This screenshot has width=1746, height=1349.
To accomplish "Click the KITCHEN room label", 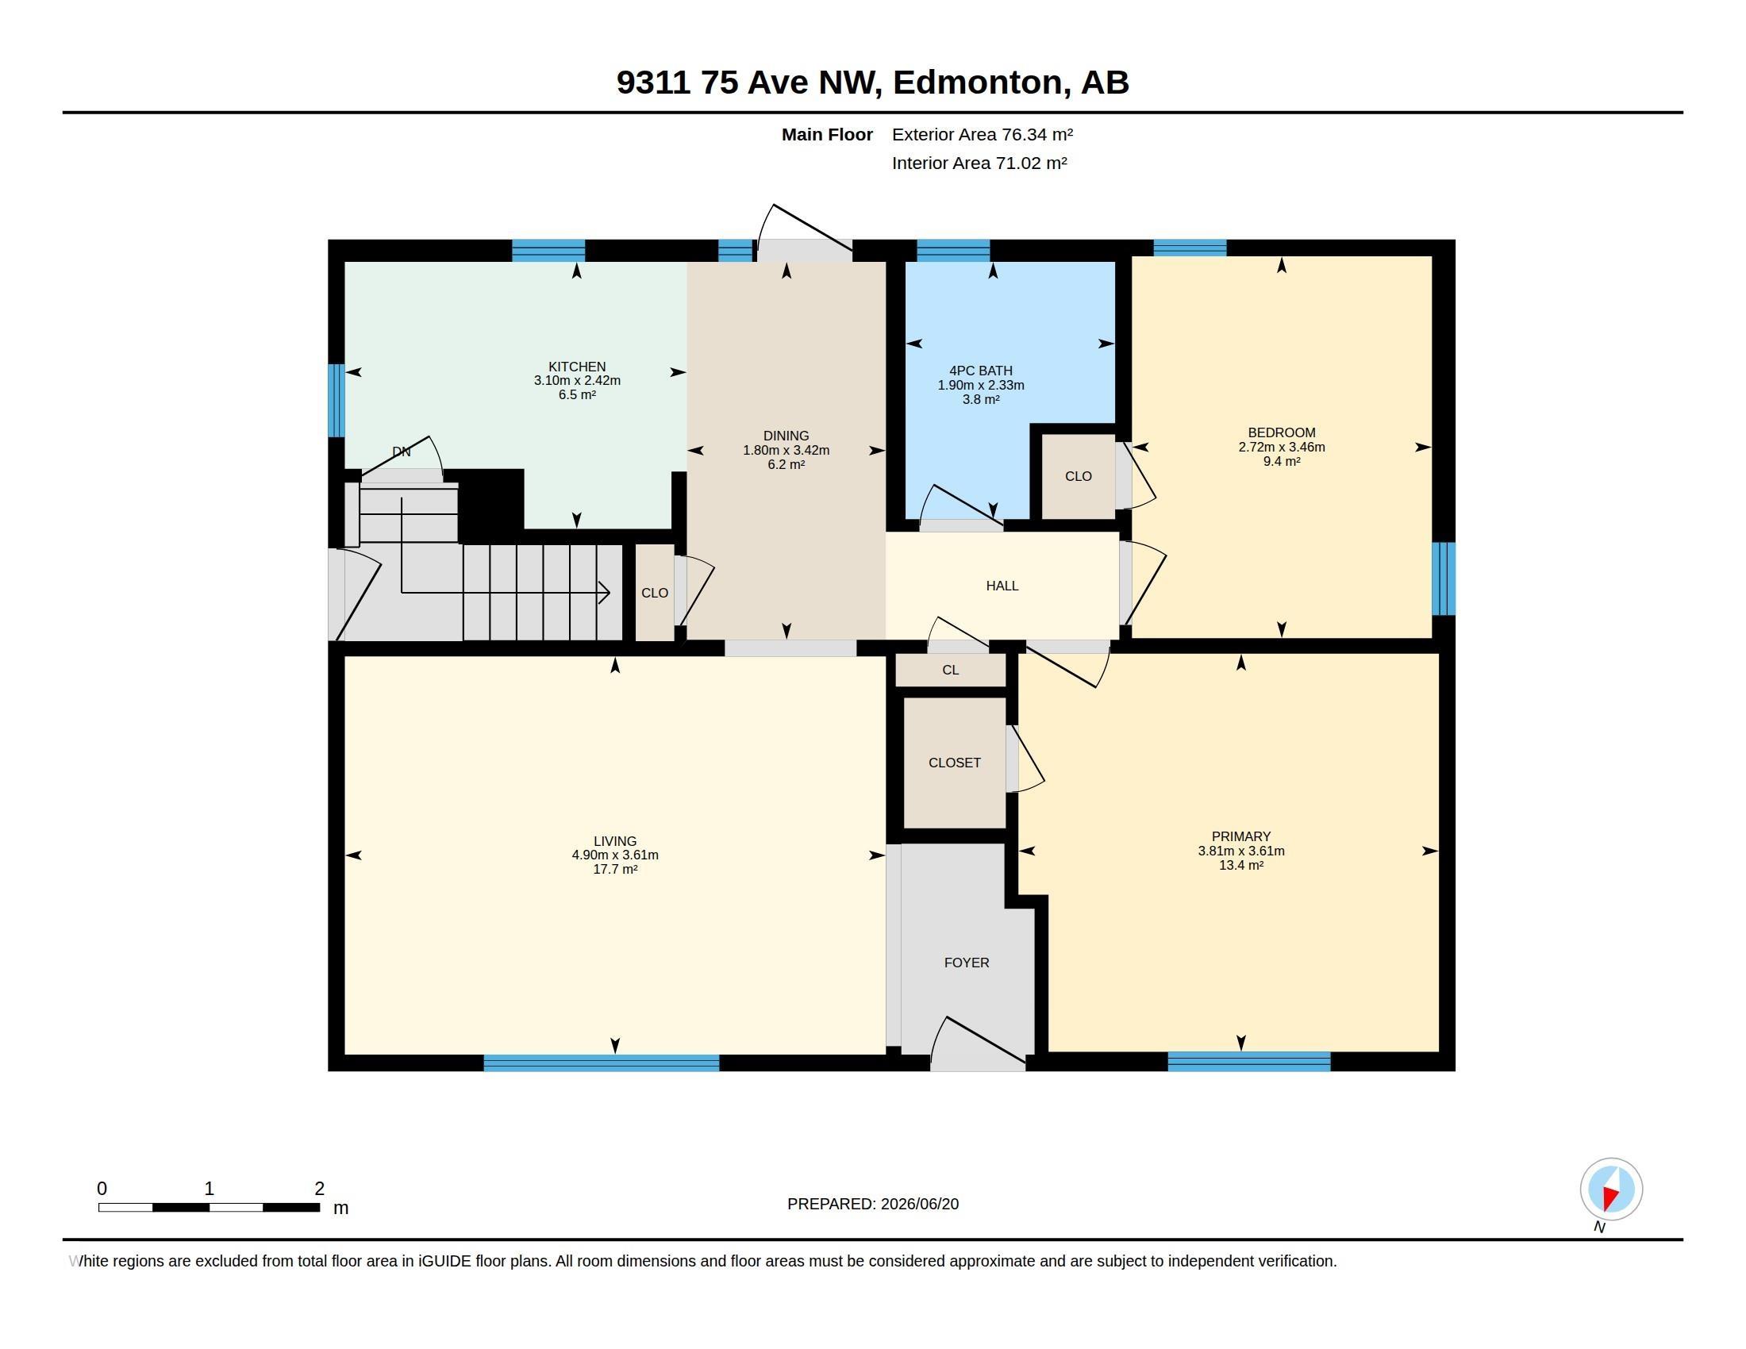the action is (x=576, y=367).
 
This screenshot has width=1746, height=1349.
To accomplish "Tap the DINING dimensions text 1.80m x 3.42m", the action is (x=786, y=450).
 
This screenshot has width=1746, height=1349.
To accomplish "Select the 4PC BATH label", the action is (x=980, y=371).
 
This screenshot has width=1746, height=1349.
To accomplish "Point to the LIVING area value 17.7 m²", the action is (x=615, y=869).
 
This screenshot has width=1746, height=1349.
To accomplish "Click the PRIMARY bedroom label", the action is (x=1240, y=836).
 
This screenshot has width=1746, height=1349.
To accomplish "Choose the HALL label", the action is (x=1002, y=586).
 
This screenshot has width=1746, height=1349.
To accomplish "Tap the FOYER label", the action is (x=967, y=963).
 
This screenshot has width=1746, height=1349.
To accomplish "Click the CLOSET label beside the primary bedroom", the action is (x=955, y=763).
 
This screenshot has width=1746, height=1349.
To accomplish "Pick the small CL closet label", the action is (x=951, y=670).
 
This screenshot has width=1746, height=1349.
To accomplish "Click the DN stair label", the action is (x=402, y=452).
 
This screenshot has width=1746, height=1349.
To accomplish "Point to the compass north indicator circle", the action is (x=1611, y=1190).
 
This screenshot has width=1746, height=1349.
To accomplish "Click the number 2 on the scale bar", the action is (x=320, y=1189).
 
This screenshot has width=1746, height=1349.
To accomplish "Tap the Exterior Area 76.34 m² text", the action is (x=983, y=134).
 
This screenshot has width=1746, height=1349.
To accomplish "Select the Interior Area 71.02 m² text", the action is (x=979, y=163).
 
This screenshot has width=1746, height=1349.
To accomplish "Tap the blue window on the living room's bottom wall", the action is (x=602, y=1063).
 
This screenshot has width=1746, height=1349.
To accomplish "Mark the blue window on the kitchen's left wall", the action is (x=337, y=401).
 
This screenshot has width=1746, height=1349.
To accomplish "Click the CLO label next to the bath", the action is (x=1078, y=476).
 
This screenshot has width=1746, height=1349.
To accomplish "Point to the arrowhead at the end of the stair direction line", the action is (x=606, y=593).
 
